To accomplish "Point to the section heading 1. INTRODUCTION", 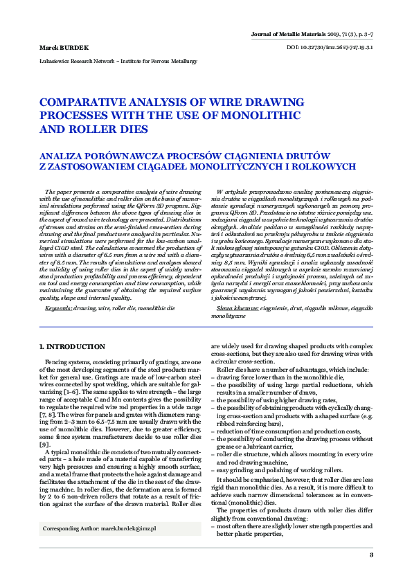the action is click(72, 346).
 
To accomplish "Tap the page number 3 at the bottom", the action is click(371, 555).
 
